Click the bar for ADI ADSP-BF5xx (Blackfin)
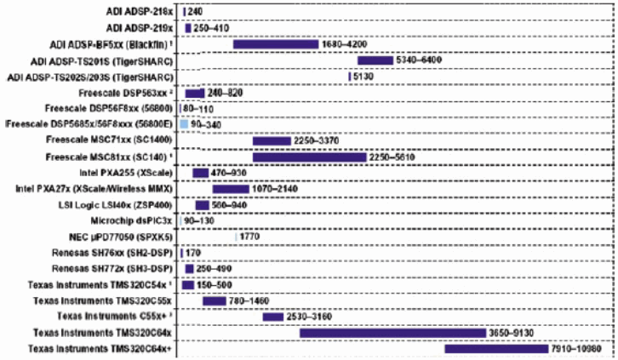[x=275, y=44]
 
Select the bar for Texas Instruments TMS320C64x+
[x=495, y=349]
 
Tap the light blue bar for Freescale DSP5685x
[x=184, y=125]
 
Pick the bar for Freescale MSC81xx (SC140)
[x=309, y=157]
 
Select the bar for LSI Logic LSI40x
[x=202, y=205]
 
